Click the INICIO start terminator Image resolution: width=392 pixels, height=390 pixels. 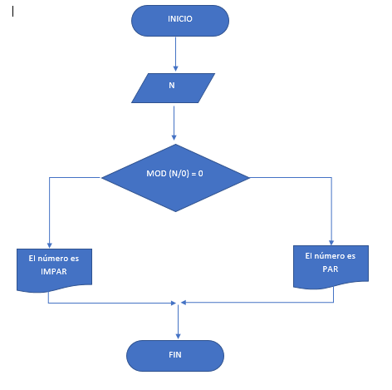(x=180, y=21)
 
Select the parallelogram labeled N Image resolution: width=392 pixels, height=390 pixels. (x=173, y=88)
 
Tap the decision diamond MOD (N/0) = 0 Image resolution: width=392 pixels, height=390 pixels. (x=175, y=178)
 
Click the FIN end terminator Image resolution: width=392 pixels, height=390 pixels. (x=175, y=356)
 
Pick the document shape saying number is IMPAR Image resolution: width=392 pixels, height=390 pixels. (x=54, y=270)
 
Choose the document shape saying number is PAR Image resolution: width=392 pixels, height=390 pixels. (x=331, y=267)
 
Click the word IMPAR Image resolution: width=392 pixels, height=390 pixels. (x=54, y=271)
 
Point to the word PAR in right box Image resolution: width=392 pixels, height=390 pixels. (x=331, y=269)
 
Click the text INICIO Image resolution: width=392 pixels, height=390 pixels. (x=180, y=19)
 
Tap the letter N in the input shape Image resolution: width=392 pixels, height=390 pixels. (x=172, y=86)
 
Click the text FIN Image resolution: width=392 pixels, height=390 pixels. (x=175, y=355)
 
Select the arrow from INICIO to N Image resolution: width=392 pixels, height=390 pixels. (x=175, y=54)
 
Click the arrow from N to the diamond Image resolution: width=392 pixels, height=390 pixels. (x=174, y=123)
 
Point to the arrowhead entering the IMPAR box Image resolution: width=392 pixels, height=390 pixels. (x=50, y=245)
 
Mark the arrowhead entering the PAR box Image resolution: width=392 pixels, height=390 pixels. (x=331, y=243)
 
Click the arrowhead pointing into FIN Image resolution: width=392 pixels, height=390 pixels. (x=178, y=337)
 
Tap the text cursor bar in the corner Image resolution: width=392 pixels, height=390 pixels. (x=12, y=12)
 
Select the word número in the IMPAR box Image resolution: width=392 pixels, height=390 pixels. (x=52, y=259)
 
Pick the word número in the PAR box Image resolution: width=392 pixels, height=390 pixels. (x=329, y=256)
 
